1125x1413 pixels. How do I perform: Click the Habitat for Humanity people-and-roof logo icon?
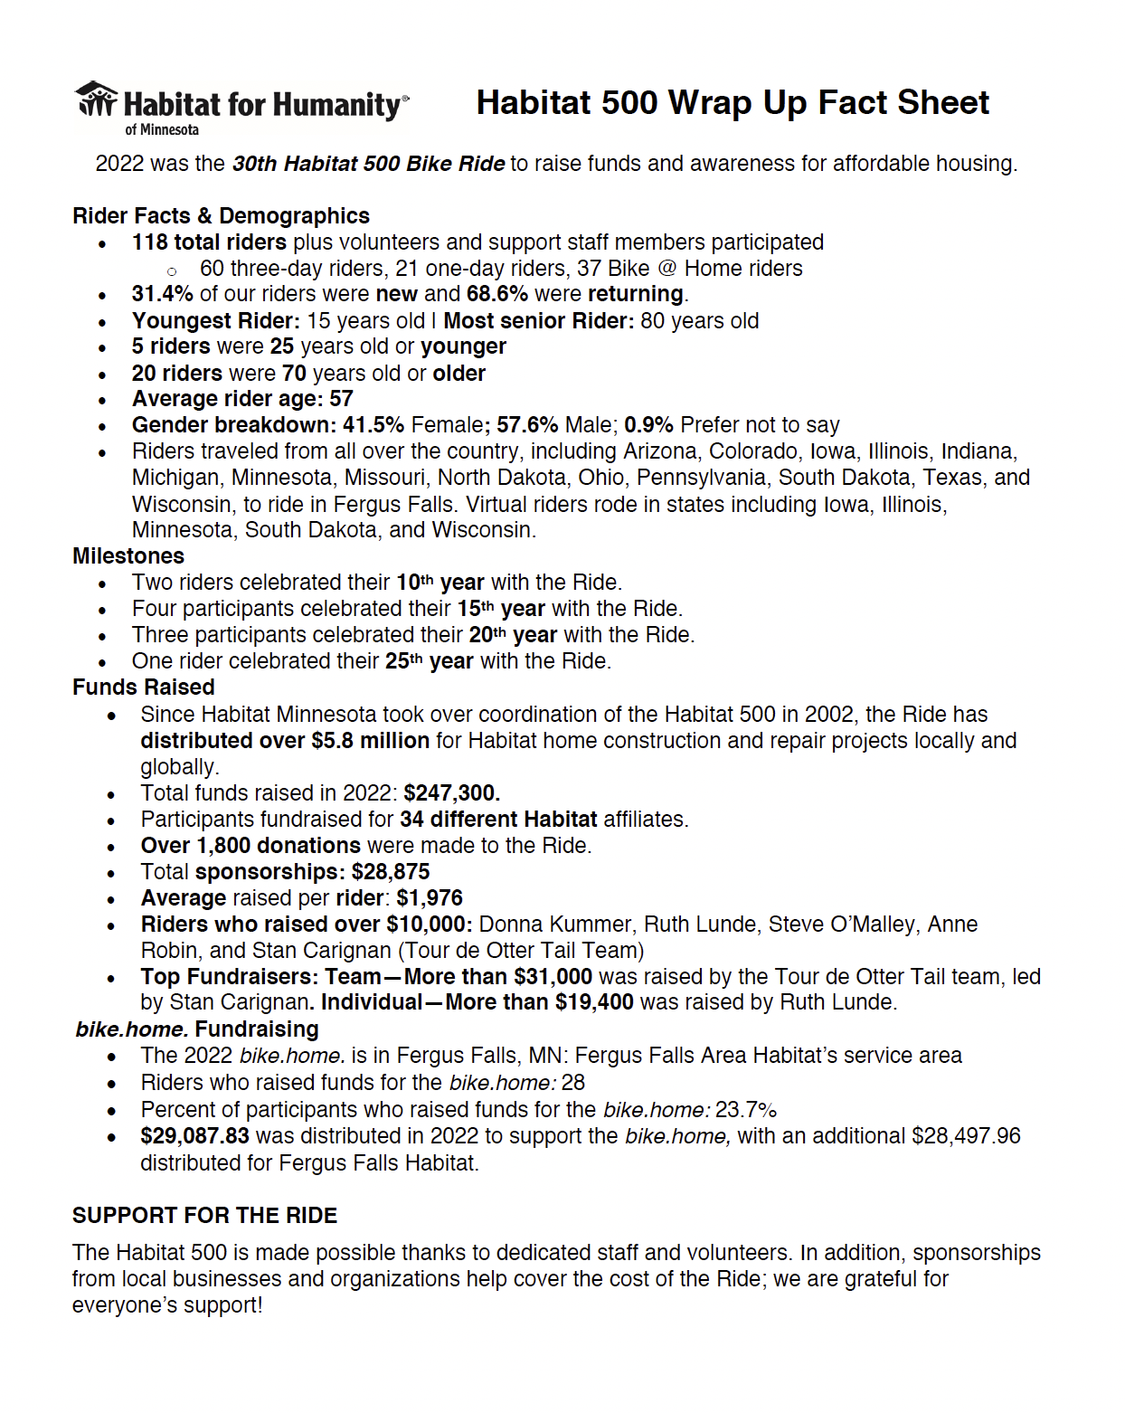97,100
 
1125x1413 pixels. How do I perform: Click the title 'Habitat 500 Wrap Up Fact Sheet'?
733,103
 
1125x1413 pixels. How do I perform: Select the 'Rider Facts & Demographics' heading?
221,216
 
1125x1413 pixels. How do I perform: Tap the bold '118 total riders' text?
209,242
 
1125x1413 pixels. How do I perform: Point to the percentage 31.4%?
163,294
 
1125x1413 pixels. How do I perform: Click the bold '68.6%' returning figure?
496,294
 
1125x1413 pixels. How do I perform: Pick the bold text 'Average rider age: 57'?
242,399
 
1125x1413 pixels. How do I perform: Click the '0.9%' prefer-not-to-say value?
648,425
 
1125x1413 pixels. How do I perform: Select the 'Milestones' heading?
128,556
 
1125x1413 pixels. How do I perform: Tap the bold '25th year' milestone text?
429,661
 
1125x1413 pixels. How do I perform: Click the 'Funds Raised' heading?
144,688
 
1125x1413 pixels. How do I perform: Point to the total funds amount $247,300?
451,793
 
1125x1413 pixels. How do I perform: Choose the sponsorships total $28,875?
391,872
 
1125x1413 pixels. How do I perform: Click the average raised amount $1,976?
430,898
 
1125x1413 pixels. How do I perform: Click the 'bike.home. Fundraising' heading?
197,1029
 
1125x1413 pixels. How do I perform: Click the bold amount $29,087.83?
194,1136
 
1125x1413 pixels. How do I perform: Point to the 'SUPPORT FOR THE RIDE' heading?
204,1216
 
